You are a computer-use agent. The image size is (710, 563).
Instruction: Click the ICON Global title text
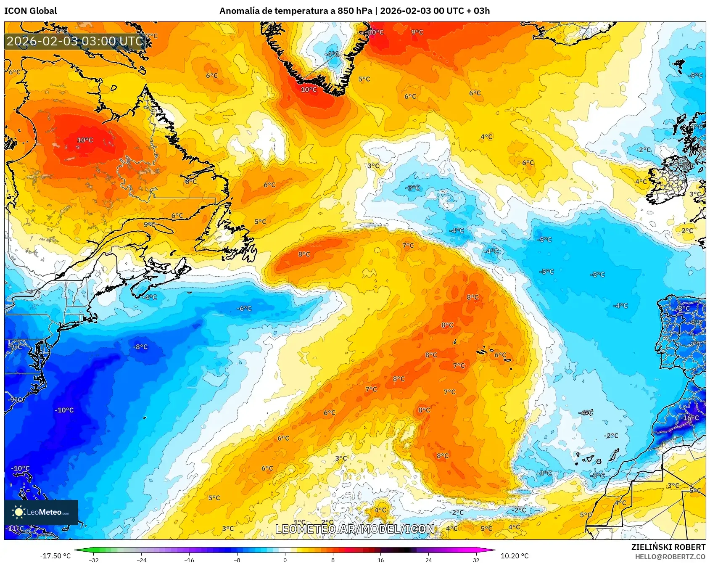(30, 11)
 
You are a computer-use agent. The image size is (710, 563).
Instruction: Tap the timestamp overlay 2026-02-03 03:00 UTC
(75, 41)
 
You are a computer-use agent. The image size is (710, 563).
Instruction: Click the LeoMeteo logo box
(41, 512)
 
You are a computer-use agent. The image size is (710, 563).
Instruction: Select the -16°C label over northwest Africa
(690, 418)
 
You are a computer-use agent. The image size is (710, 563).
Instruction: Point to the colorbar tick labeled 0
(285, 560)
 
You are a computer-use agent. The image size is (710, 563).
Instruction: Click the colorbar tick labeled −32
(94, 560)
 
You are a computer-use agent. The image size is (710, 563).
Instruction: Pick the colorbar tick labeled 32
(476, 560)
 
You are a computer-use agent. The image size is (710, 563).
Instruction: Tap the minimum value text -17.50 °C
(55, 556)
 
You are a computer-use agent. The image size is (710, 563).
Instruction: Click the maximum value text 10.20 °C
(515, 556)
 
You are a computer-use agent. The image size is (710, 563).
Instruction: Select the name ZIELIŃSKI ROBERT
(668, 547)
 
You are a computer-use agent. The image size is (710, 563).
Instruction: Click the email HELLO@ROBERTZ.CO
(670, 557)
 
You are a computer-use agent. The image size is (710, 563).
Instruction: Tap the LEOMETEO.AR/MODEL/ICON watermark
(355, 529)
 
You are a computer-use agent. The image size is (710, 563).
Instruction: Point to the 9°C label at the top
(417, 32)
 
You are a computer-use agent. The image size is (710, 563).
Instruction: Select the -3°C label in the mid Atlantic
(412, 188)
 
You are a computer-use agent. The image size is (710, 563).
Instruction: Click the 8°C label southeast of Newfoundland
(304, 254)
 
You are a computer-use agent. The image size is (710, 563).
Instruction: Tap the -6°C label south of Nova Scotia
(244, 309)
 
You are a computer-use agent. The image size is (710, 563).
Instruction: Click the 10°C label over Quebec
(85, 140)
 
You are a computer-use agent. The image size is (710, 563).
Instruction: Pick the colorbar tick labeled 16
(380, 560)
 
